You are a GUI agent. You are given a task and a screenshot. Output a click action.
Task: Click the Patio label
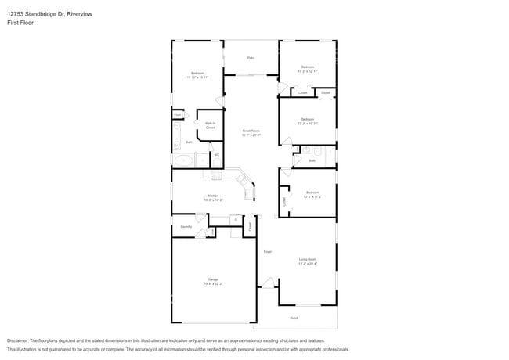tap(251, 58)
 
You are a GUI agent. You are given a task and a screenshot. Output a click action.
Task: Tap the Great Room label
tap(251, 131)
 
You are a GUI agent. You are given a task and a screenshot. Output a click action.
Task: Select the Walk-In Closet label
tap(211, 124)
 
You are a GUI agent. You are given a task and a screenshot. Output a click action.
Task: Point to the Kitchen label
tap(213, 196)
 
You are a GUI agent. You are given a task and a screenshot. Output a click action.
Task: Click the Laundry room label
tap(186, 226)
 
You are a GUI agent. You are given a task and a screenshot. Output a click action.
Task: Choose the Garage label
tap(213, 279)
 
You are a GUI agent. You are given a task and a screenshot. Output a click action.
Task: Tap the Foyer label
tap(267, 251)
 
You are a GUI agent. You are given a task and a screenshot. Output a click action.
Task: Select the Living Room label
tap(307, 259)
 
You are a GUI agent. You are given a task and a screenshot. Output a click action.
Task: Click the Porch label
tap(294, 318)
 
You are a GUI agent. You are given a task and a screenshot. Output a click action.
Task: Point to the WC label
tap(216, 155)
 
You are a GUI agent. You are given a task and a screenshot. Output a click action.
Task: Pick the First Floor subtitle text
tap(20, 23)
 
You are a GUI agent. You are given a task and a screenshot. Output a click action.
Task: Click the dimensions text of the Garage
tap(213, 283)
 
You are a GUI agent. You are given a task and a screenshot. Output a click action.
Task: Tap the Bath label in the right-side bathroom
tap(312, 160)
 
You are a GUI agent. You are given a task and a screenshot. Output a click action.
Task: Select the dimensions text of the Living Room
tap(307, 264)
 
